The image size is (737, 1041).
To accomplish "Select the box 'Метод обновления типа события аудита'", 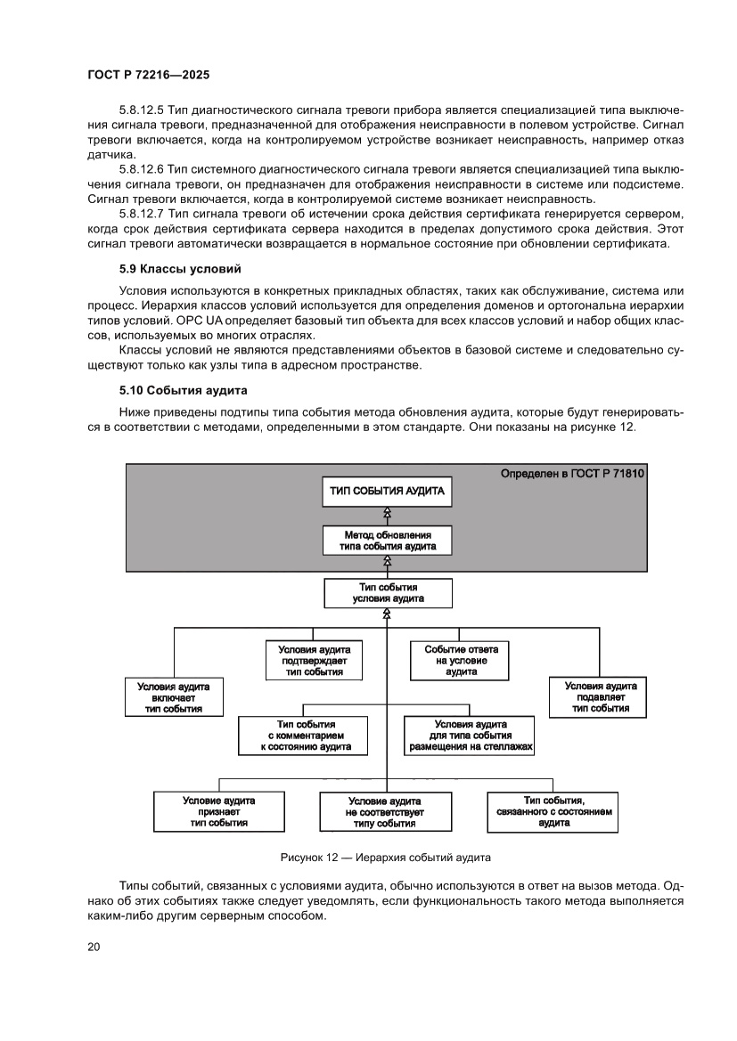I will point(388,540).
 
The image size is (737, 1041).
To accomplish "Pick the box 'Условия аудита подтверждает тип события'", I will point(314,660).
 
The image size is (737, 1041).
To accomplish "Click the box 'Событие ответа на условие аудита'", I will point(461,660).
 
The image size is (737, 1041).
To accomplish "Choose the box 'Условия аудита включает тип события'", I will point(173,697).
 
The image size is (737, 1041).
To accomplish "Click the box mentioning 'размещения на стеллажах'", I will point(471,736).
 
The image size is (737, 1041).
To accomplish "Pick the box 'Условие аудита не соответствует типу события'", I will point(384,812).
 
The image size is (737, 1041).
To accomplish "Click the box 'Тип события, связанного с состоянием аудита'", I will point(553,811).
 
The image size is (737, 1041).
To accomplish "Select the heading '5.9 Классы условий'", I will point(181,268).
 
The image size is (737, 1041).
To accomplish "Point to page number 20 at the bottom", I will point(94,947).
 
